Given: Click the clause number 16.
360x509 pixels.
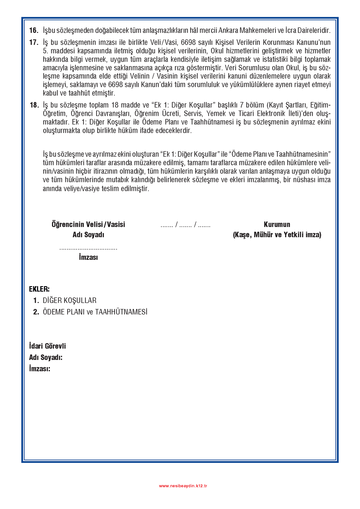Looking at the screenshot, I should pyautogui.click(x=34, y=30).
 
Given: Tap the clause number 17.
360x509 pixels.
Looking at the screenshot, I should pyautogui.click(x=34, y=43).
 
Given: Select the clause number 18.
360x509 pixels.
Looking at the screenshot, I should pyautogui.click(x=34, y=105).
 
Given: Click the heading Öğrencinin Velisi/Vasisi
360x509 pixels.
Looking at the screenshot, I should pyautogui.click(x=88, y=224).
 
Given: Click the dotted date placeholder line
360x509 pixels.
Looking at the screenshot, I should pyautogui.click(x=185, y=225).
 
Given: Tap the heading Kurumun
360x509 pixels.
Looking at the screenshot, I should pyautogui.click(x=277, y=224).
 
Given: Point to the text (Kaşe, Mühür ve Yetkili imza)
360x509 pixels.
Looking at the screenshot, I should pyautogui.click(x=277, y=235).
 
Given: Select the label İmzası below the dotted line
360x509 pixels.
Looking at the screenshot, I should pyautogui.click(x=88, y=257).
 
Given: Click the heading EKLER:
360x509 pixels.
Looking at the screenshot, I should pyautogui.click(x=39, y=289).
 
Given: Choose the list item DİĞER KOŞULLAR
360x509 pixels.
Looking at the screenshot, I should pyautogui.click(x=69, y=300).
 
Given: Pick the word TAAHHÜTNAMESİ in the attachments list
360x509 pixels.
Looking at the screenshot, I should pyautogui.click(x=121, y=312).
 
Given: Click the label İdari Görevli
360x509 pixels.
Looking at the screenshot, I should pyautogui.click(x=47, y=346).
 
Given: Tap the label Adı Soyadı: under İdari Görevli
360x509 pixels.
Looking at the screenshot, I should pyautogui.click(x=46, y=357).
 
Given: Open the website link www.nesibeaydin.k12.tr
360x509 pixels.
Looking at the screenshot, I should pyautogui.click(x=183, y=486).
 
